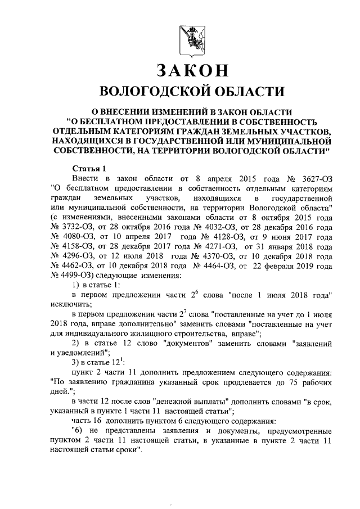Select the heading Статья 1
89,169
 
